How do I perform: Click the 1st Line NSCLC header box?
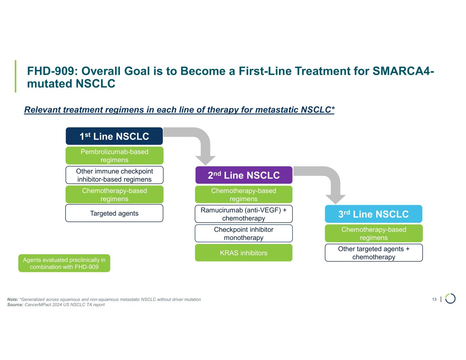click(114, 136)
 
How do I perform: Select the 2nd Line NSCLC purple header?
click(244, 175)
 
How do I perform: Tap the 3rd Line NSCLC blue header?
click(373, 214)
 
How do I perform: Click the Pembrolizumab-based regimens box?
click(114, 156)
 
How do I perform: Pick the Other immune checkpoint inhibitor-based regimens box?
click(114, 175)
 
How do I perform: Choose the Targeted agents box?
click(114, 213)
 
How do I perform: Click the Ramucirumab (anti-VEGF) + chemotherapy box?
click(244, 214)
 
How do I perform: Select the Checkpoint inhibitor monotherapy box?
click(244, 233)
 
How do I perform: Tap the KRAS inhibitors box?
click(244, 253)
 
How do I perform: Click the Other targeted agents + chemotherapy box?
click(374, 253)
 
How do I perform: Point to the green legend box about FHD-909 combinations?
click(64, 263)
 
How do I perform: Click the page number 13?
click(434, 299)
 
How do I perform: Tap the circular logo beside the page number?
click(450, 299)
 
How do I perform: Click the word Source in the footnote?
click(15, 305)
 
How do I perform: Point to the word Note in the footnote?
click(13, 299)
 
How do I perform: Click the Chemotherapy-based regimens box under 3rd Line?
click(374, 233)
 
